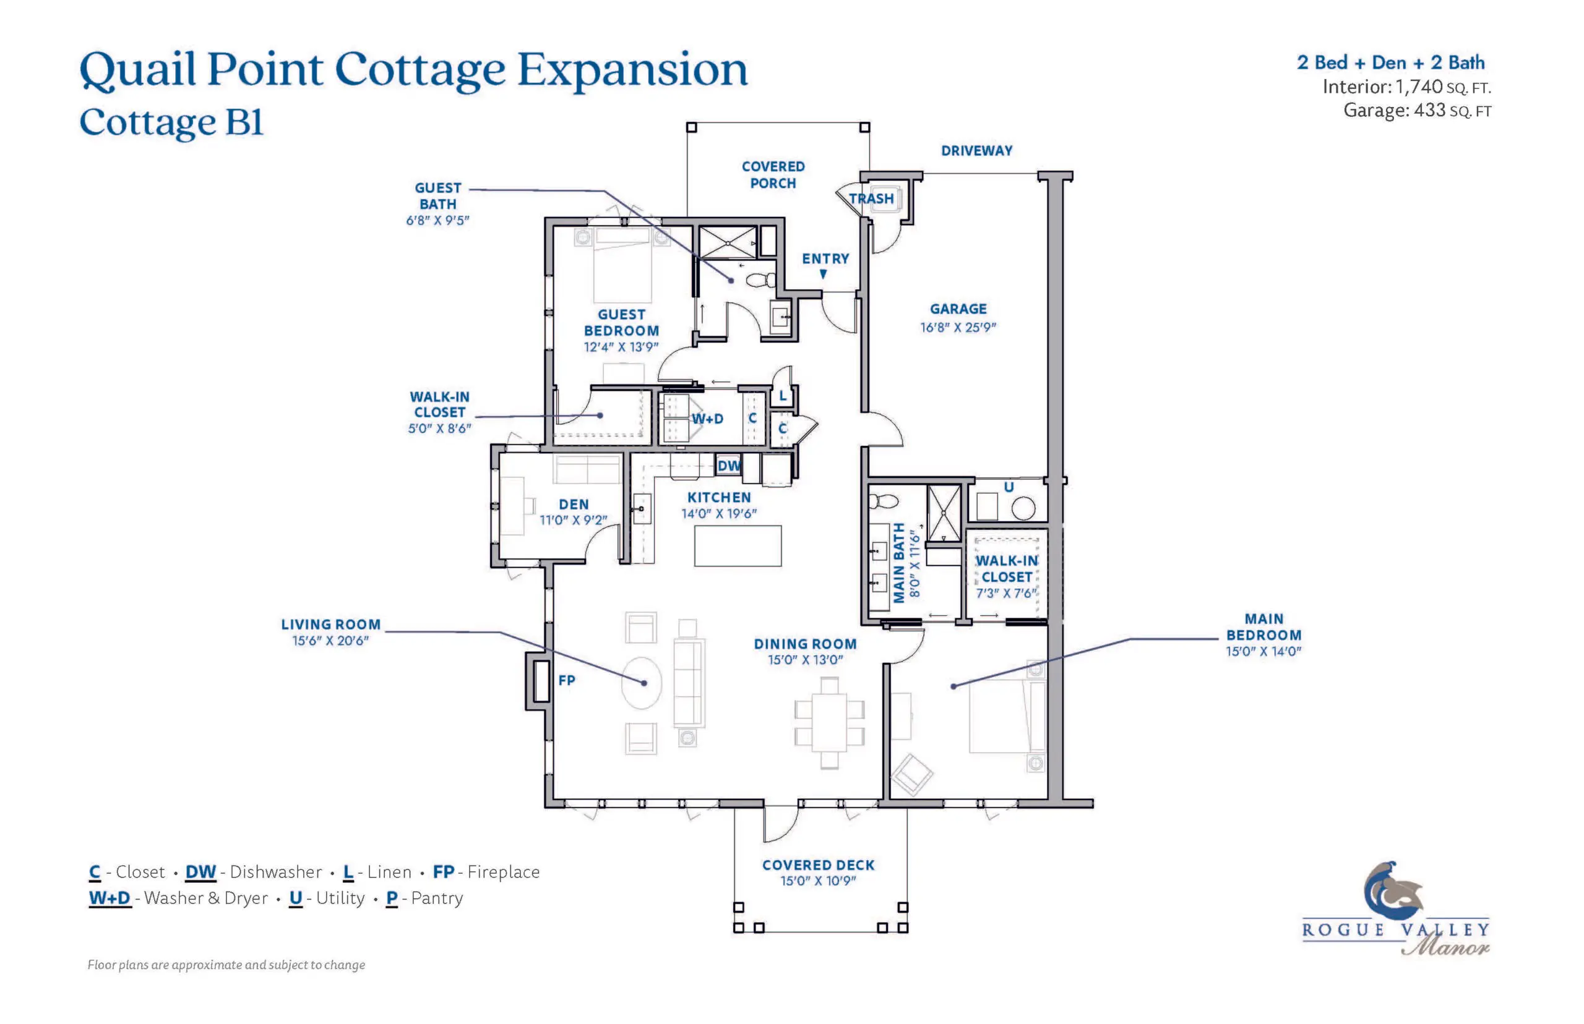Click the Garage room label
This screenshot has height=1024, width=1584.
point(957,309)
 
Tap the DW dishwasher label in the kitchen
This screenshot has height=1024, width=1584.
point(728,466)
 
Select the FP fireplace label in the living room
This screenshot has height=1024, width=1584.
point(566,680)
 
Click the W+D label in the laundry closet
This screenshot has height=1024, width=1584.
point(707,419)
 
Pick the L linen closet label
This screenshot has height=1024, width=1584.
point(782,396)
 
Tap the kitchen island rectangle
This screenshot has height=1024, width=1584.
point(737,546)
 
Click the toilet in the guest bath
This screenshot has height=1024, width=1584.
point(760,280)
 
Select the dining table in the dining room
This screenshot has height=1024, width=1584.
point(829,722)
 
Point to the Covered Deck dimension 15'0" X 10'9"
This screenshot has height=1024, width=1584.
point(817,881)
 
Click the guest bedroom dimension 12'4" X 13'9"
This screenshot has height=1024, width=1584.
point(621,347)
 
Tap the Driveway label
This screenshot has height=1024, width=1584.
point(976,151)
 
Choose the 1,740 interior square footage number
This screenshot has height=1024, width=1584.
point(1418,87)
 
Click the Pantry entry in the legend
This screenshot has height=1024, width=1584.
point(424,898)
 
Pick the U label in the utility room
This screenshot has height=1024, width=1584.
point(1008,487)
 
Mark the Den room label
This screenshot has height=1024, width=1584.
point(573,505)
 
